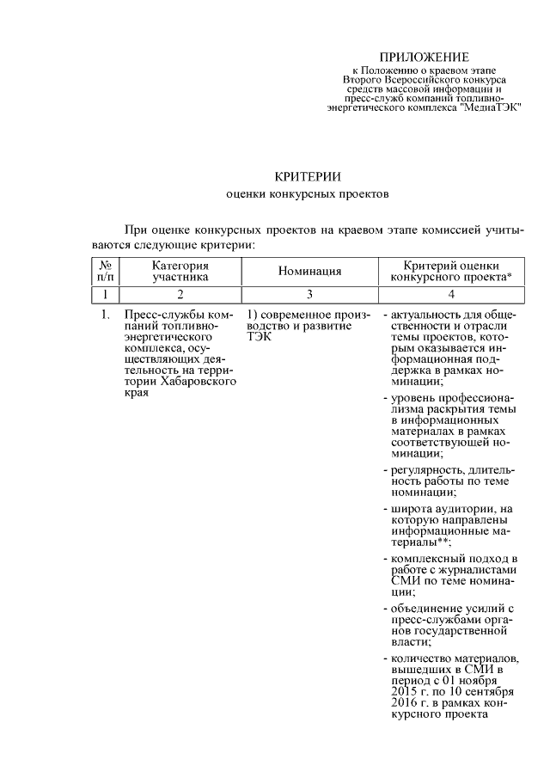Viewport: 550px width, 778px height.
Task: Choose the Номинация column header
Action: (x=310, y=272)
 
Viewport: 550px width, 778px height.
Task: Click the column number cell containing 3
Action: (x=310, y=294)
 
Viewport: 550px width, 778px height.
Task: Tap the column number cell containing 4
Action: (x=451, y=294)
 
